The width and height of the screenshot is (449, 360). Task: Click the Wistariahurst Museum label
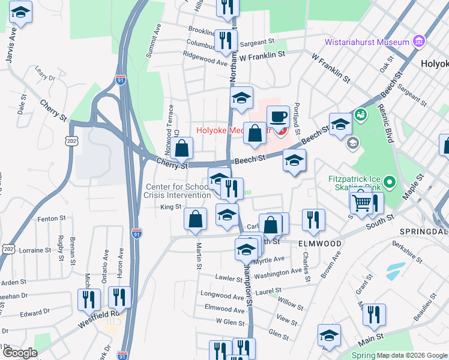367,42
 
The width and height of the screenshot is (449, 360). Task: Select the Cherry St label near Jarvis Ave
53,110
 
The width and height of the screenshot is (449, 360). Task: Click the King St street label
170,207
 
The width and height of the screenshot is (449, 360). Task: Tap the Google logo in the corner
20,353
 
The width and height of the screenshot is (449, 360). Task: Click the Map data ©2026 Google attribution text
412,355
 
